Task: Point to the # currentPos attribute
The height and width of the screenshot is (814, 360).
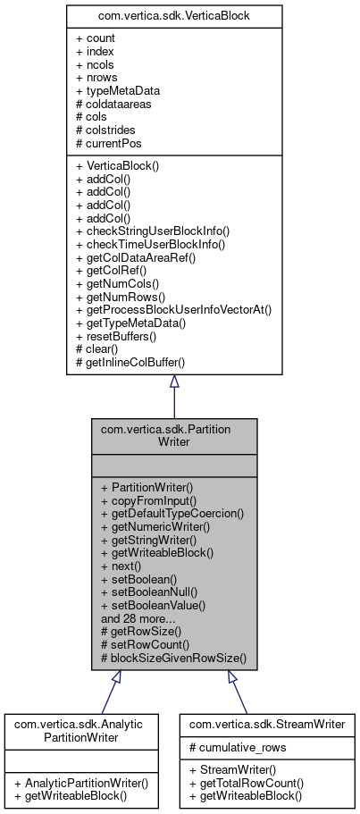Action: click(106, 142)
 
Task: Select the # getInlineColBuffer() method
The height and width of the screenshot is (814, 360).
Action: click(135, 360)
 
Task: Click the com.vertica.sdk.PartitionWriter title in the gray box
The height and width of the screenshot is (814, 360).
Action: click(174, 436)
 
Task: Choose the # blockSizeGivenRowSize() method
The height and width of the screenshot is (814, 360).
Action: click(172, 656)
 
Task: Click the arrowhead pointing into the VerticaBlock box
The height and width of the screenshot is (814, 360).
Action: click(174, 382)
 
